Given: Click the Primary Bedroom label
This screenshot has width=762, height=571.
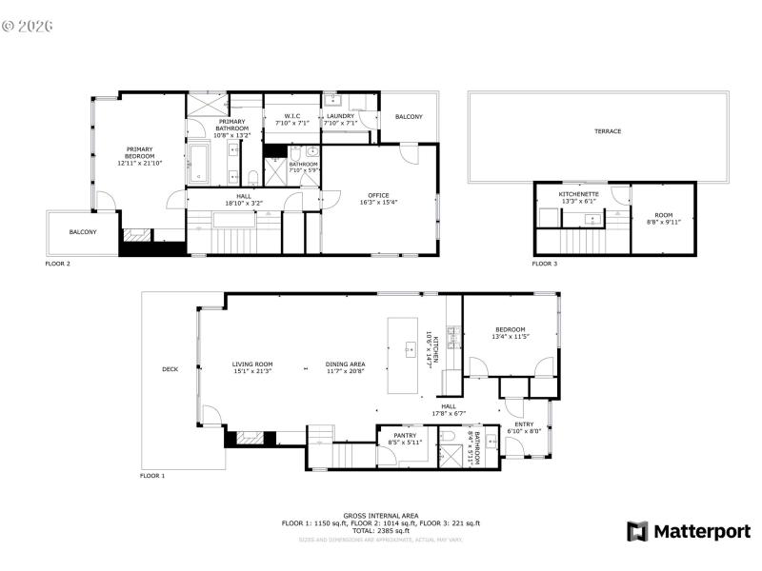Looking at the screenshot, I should [140, 157].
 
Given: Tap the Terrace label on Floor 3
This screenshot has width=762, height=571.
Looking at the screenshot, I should [607, 131].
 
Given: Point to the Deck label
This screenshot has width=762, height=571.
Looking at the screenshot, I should [170, 369].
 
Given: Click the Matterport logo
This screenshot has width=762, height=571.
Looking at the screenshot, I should [688, 532].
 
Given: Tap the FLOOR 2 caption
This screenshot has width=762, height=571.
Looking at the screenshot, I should [57, 264].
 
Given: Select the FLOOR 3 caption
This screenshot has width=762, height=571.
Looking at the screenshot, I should [545, 264].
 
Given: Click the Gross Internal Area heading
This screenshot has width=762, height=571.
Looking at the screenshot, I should [380, 515].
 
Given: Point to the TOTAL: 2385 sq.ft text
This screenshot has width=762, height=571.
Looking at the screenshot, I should [380, 530].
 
